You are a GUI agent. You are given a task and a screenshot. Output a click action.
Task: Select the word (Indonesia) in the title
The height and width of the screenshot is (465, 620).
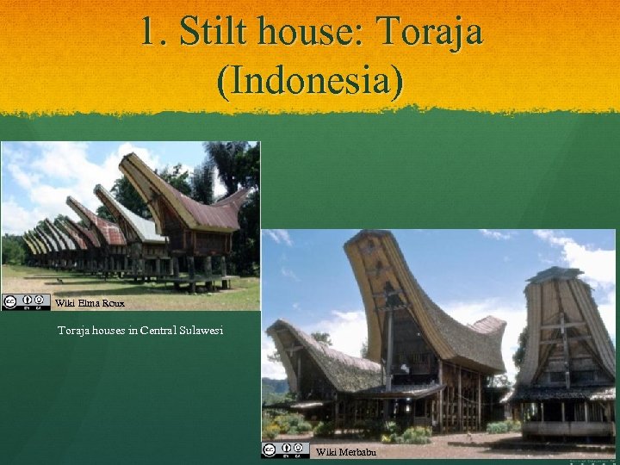(x=310, y=80)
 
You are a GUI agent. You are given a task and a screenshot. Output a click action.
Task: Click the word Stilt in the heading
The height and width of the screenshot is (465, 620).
(x=216, y=33)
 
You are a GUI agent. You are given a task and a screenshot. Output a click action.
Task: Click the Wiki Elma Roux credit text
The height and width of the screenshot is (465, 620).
(x=90, y=303)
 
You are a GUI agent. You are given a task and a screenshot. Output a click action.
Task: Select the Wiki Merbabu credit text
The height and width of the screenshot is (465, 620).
(x=345, y=451)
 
